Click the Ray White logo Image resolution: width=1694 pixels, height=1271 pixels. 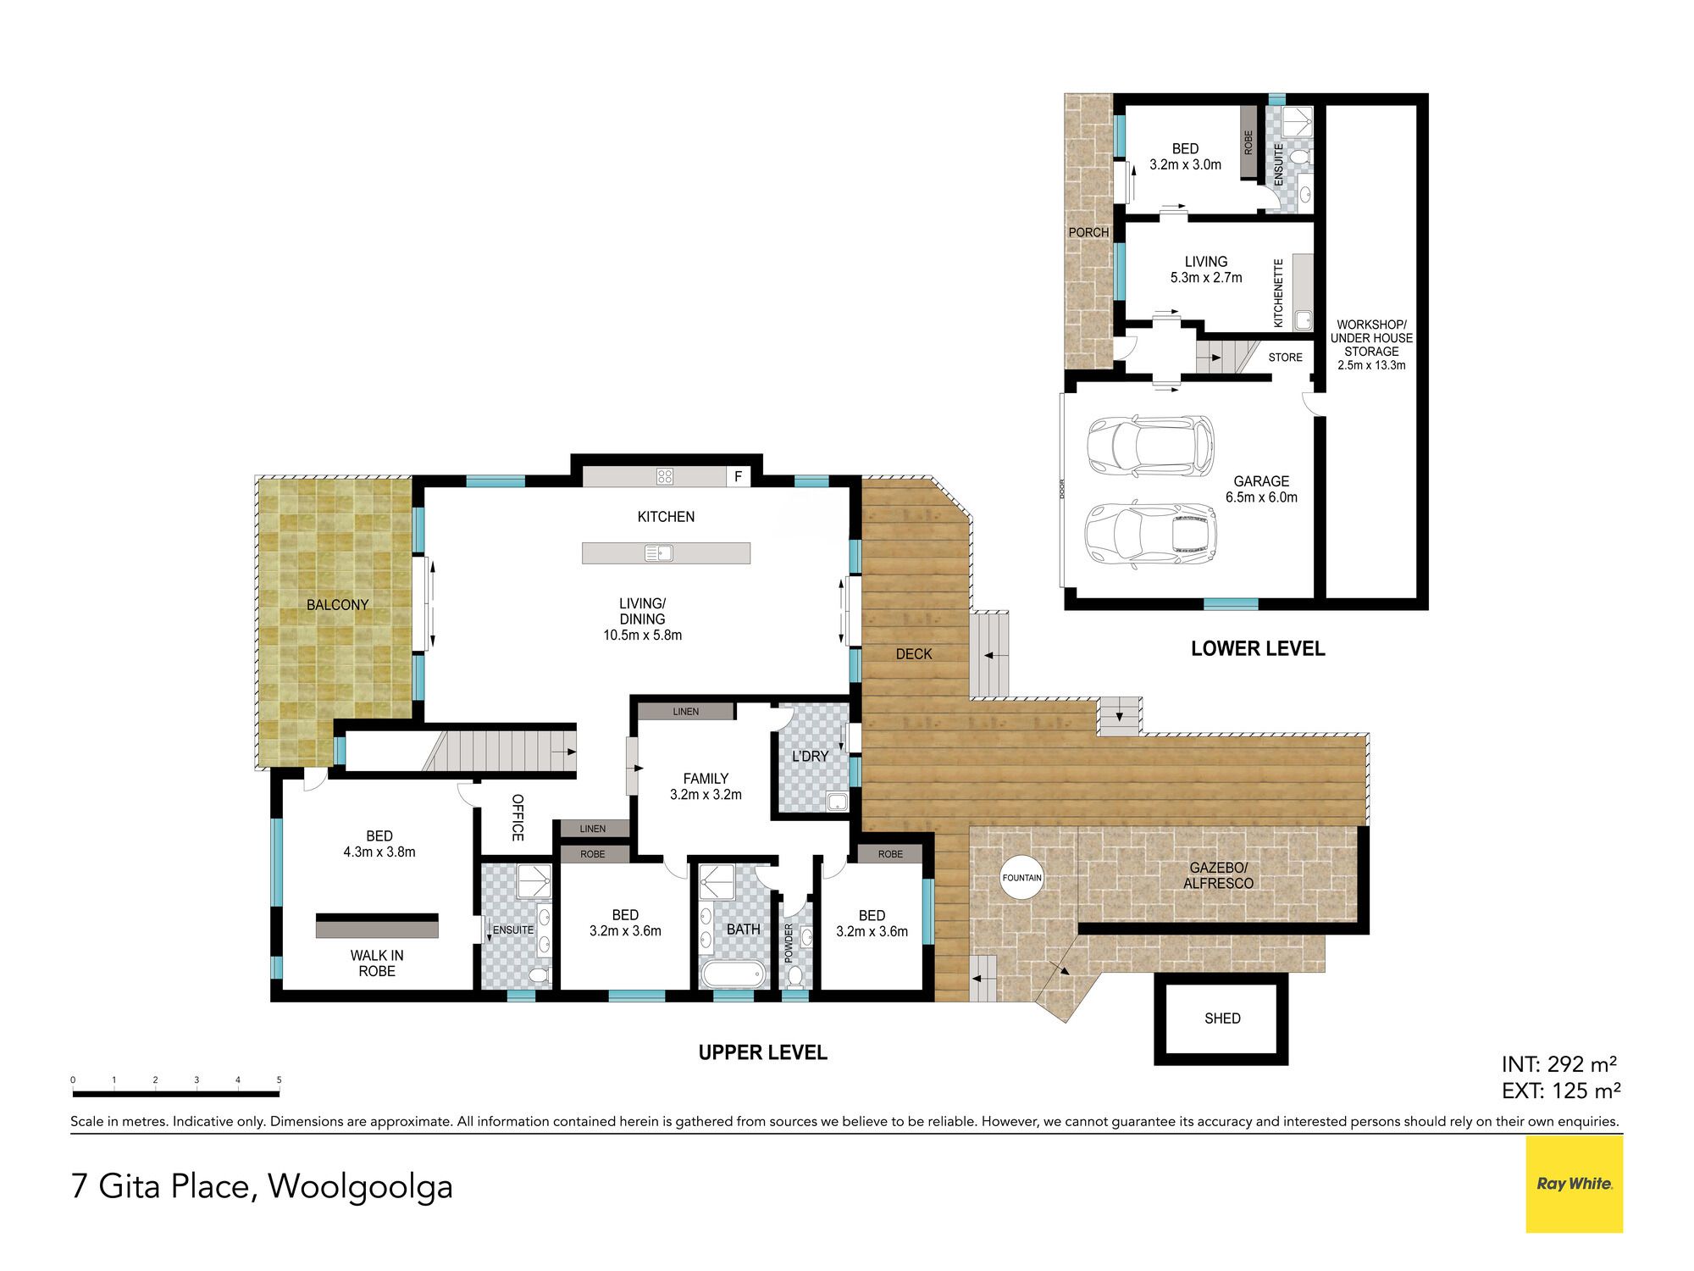pos(1574,1184)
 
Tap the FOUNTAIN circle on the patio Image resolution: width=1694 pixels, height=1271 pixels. pos(1021,878)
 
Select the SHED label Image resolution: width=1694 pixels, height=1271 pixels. pos(1222,1018)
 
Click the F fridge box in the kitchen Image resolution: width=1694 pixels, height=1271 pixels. pos(739,476)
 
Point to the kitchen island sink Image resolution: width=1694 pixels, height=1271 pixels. pos(658,554)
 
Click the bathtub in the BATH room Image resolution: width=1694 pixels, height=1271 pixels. pos(732,973)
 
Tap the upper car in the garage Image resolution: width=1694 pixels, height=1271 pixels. pos(1150,446)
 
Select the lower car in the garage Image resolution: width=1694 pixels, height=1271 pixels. pos(1150,535)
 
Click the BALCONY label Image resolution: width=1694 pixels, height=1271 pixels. pos(337,605)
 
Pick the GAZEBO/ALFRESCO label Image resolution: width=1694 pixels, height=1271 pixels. pos(1218,875)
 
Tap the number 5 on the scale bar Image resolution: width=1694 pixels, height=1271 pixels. pos(279,1080)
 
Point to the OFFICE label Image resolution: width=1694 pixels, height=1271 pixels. pos(518,818)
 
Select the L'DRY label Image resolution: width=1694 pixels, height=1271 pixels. pos(810,756)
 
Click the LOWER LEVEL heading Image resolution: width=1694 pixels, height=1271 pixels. pos(1258,649)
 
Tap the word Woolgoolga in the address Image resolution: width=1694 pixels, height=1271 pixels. pos(360,1187)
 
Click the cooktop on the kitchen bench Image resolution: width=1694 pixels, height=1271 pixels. pos(665,476)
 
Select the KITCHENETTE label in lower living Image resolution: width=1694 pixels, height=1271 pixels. pos(1278,293)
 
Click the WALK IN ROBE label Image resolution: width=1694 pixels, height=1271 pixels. pos(377,963)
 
